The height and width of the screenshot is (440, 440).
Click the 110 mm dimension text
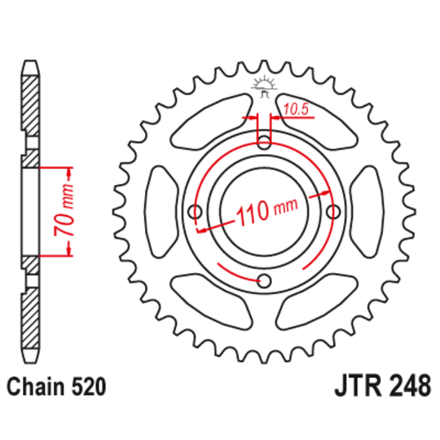[265, 213]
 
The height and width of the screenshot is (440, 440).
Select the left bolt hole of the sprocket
[193, 212]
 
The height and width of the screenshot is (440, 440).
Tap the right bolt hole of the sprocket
[332, 212]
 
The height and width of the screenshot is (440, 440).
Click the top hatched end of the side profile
[29, 106]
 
